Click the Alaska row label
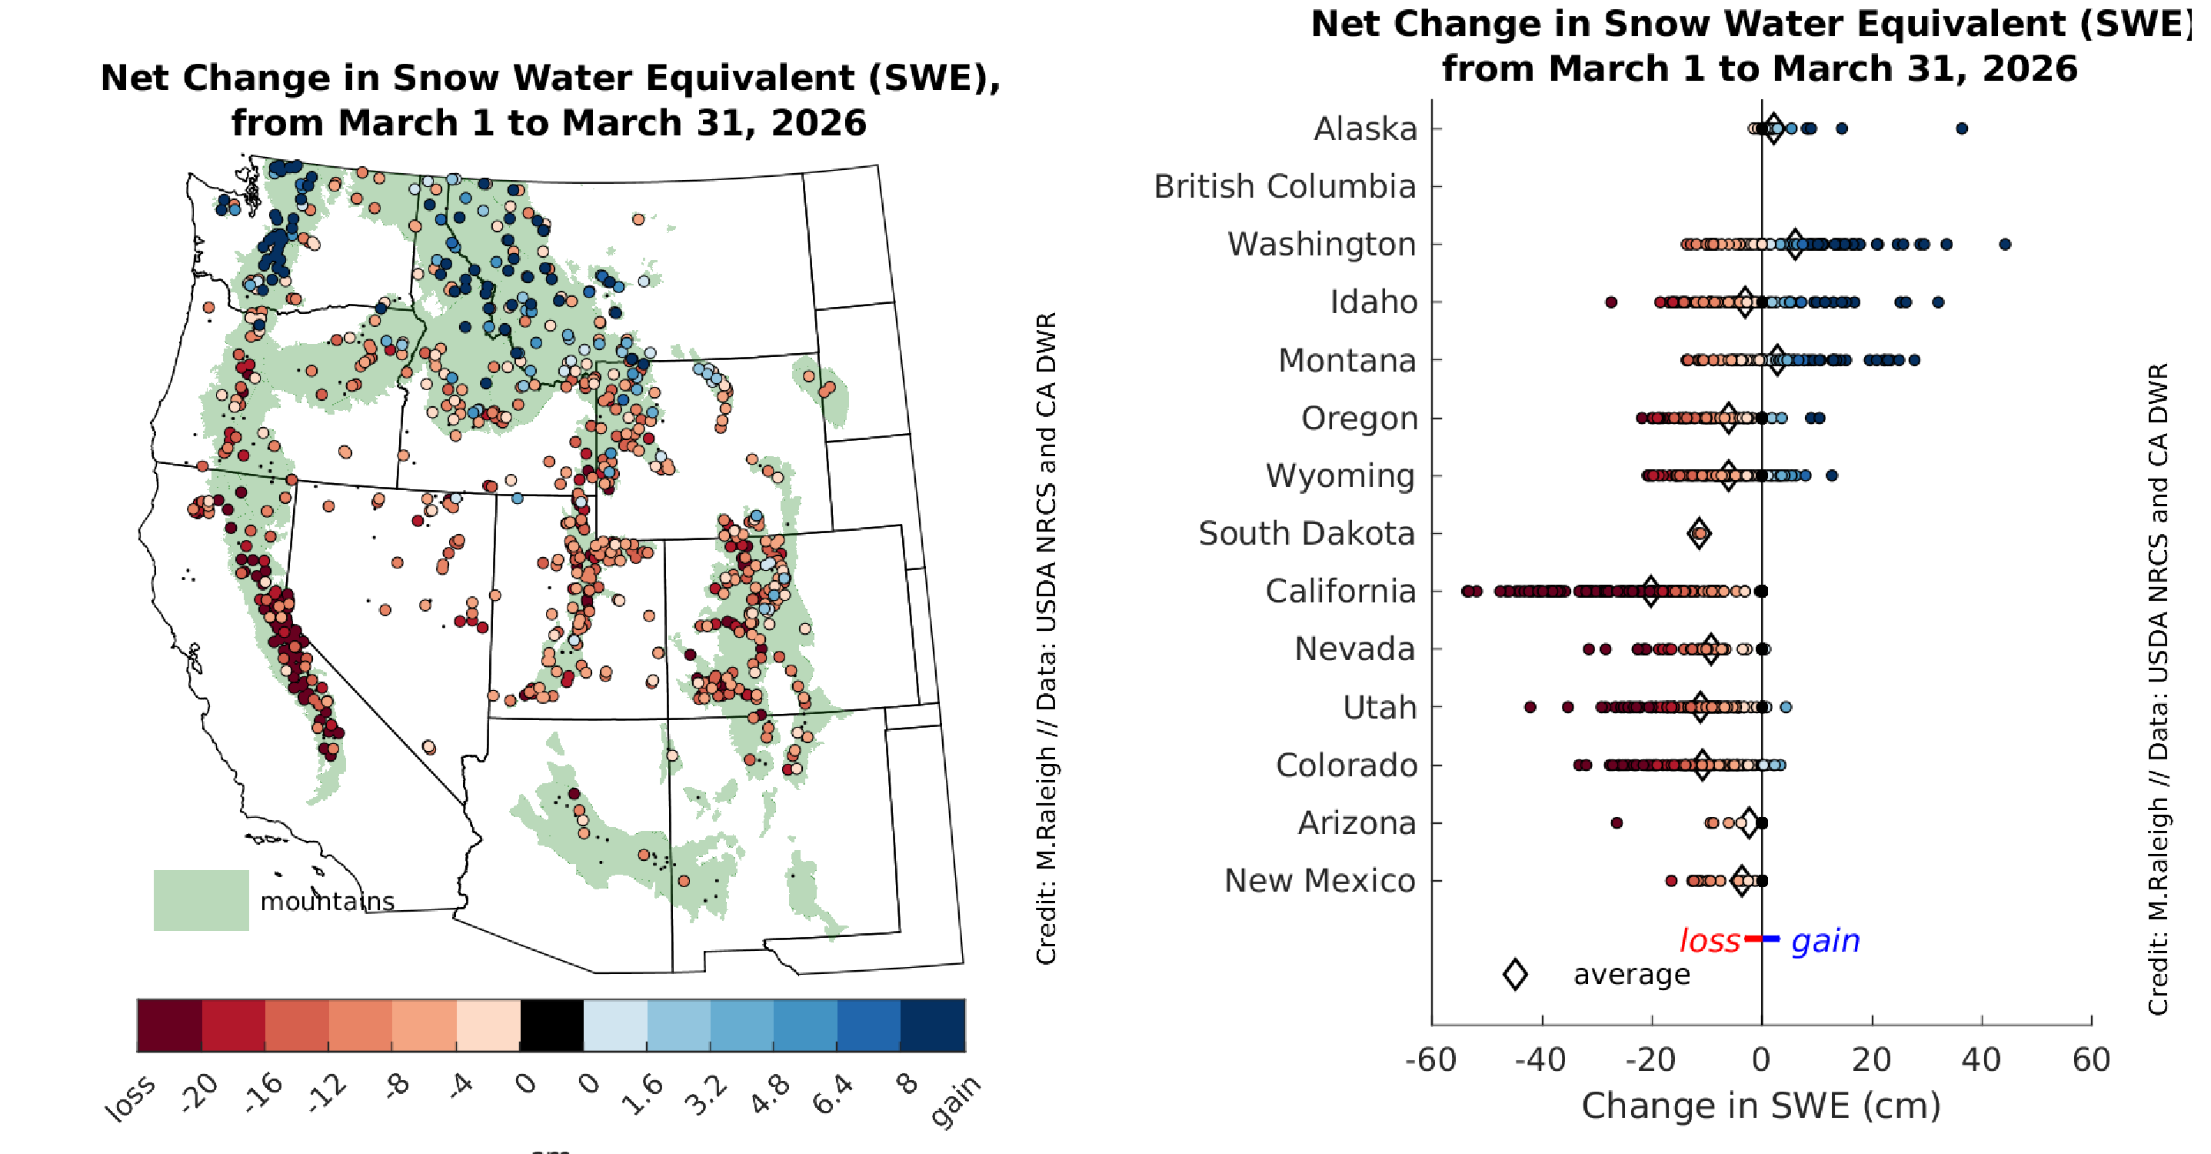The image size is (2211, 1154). [1365, 128]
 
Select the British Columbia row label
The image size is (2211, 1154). [1284, 186]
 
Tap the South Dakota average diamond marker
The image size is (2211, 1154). [1699, 533]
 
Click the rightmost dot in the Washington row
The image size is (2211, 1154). [2005, 245]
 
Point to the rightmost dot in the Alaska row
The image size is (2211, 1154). [1962, 128]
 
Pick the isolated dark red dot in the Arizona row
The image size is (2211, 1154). [1617, 823]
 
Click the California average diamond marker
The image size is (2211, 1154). [1650, 591]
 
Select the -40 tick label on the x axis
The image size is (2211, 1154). [1541, 1060]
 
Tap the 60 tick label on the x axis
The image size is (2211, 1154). [2091, 1060]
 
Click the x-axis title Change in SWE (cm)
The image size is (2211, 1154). [1761, 1106]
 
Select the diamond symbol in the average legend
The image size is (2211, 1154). [1516, 975]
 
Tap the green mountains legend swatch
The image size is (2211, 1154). [201, 900]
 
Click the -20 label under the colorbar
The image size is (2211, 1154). [200, 1093]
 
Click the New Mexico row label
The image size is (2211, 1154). [1319, 881]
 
